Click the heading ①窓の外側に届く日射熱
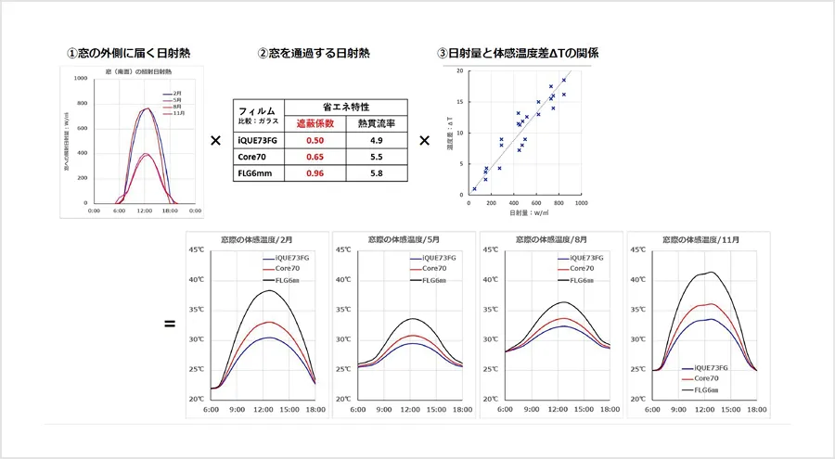[x=131, y=52]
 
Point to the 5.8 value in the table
[x=377, y=173]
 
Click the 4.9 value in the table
[x=377, y=140]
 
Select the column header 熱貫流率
[x=377, y=122]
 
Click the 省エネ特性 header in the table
[x=344, y=106]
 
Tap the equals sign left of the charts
[x=170, y=325]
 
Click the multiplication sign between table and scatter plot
[x=424, y=141]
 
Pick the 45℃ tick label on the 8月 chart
[x=490, y=250]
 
